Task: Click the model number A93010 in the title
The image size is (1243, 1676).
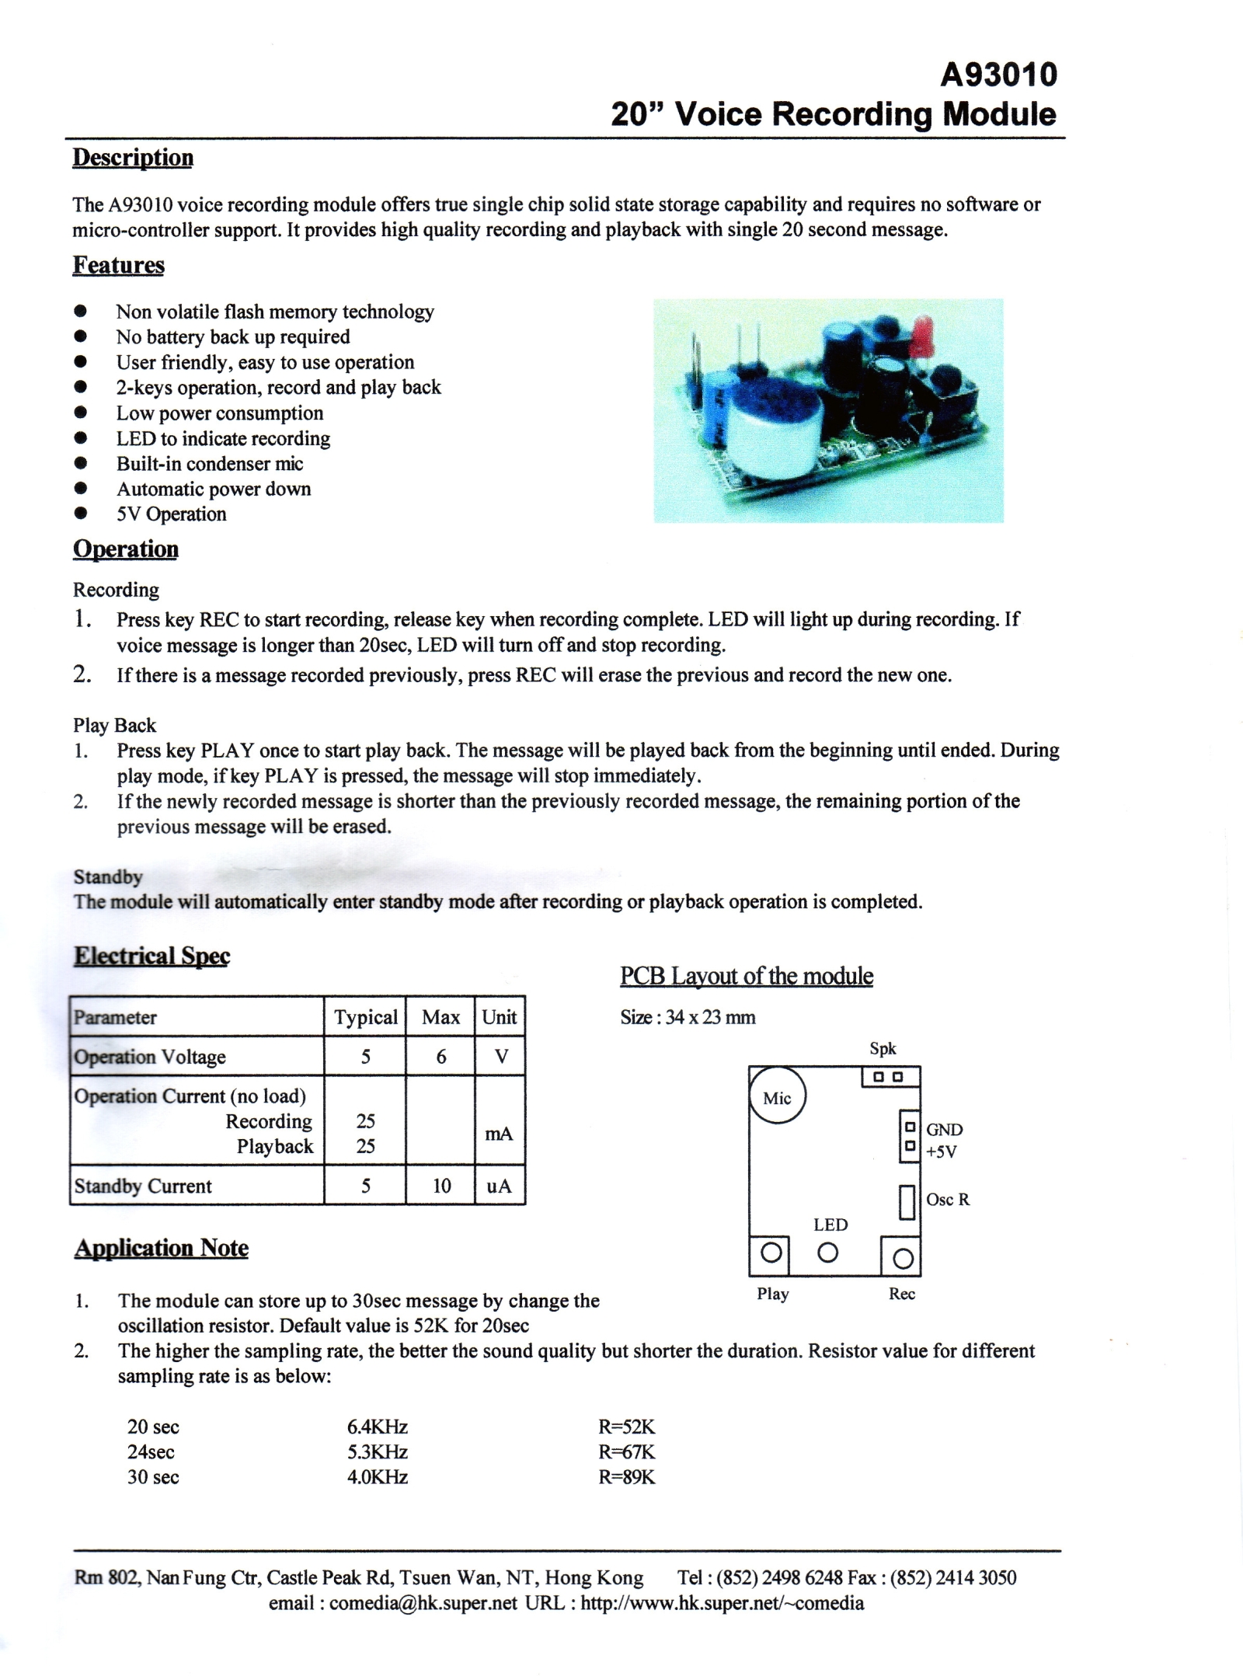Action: [x=998, y=75]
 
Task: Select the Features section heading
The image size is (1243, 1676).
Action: [x=119, y=265]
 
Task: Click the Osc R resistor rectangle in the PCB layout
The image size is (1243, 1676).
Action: [x=907, y=1201]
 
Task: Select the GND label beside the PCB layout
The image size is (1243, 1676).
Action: [x=944, y=1130]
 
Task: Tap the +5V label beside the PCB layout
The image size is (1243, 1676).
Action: [x=941, y=1152]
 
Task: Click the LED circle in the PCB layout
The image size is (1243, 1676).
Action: [x=828, y=1253]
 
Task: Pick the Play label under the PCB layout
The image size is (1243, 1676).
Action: [x=773, y=1294]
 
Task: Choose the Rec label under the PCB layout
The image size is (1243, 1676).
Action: [x=902, y=1294]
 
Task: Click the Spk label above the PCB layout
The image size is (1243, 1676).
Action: [x=883, y=1049]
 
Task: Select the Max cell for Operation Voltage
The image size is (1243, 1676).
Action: [x=440, y=1057]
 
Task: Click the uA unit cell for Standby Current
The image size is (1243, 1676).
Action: [x=499, y=1186]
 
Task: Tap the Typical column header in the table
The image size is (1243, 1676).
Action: [x=365, y=1017]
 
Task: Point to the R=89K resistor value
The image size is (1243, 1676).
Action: [x=626, y=1477]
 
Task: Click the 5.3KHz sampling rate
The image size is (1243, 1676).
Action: [x=378, y=1451]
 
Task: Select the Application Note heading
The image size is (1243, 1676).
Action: [x=162, y=1248]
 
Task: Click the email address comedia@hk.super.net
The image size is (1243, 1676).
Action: [x=423, y=1603]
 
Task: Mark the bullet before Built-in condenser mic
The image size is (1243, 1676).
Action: [x=80, y=463]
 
